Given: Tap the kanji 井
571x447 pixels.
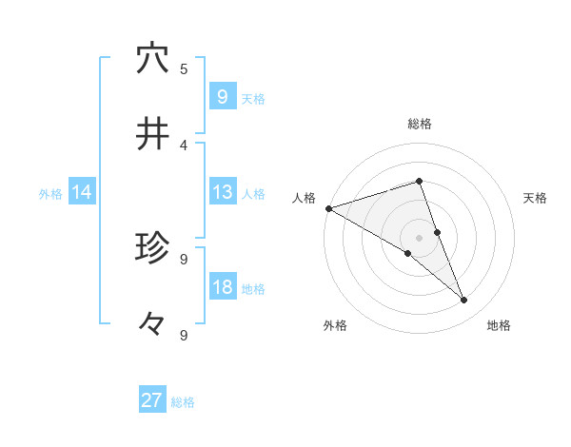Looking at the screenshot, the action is [152, 134].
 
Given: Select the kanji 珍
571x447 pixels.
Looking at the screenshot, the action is [152, 248].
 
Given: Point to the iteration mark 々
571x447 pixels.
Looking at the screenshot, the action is [152, 324].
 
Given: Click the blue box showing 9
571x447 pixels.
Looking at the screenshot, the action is [222, 96].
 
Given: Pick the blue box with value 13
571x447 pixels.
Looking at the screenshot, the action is [222, 192].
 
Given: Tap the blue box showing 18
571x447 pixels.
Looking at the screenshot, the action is [222, 287].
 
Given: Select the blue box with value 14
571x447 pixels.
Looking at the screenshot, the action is [82, 192].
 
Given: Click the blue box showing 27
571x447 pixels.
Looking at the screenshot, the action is [152, 400].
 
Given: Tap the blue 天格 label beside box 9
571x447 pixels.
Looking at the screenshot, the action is [253, 98].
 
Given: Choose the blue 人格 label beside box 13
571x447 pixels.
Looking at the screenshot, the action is [253, 194].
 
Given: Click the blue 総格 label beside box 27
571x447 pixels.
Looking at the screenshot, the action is [183, 402].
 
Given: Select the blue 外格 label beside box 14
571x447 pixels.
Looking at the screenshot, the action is [50, 194].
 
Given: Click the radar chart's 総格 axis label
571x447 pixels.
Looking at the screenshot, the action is [419, 124].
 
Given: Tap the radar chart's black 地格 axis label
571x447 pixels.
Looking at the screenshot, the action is [499, 325].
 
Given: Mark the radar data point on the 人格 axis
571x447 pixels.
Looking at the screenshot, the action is [328, 207].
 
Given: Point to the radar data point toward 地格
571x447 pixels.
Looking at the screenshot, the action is [464, 301].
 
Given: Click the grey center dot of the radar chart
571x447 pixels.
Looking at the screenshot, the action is [419, 237].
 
